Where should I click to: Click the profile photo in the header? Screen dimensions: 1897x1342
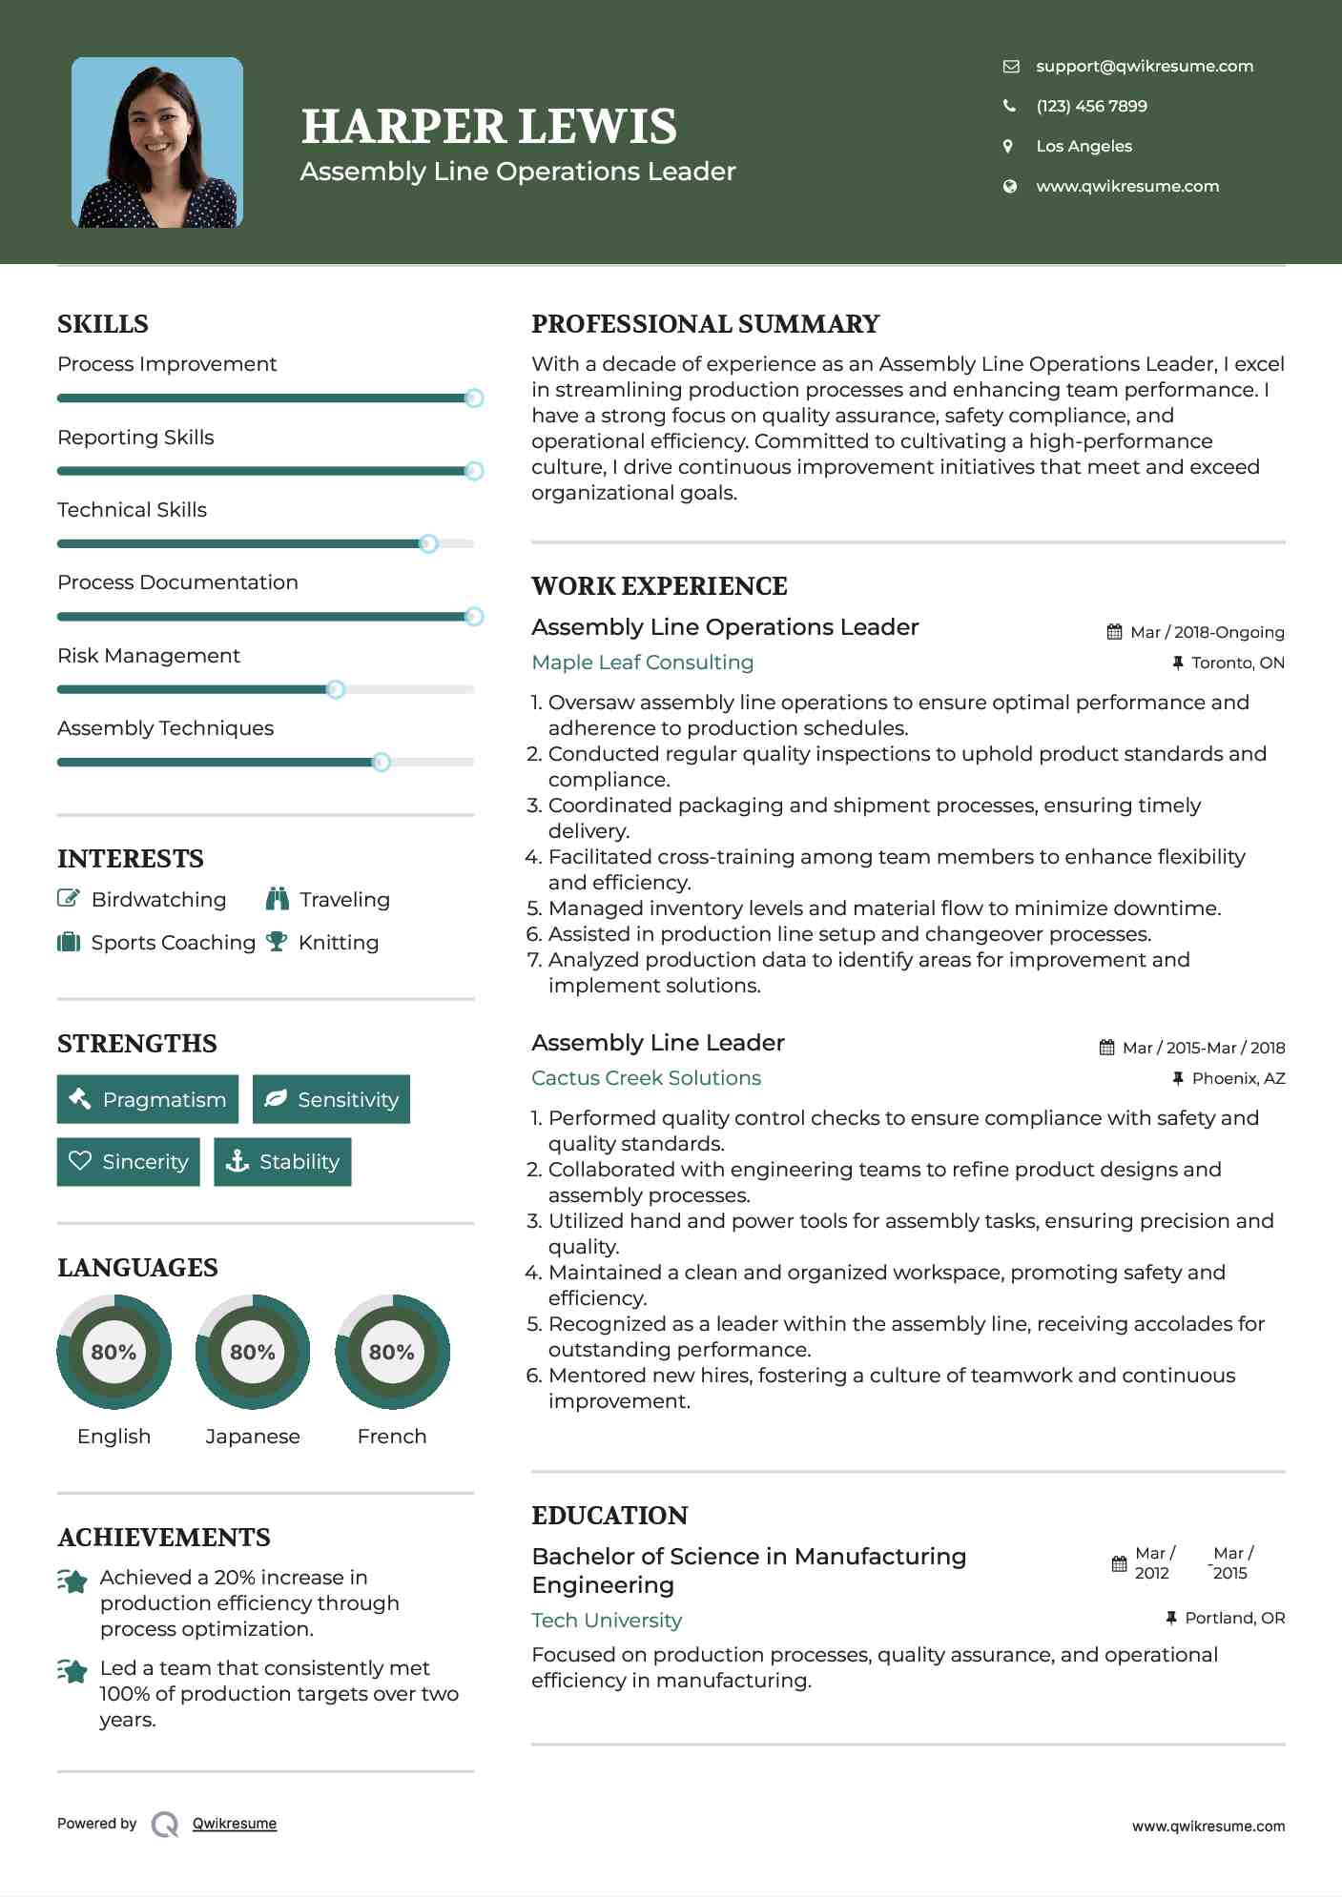click(157, 143)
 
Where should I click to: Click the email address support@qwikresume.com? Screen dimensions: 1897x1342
click(1144, 66)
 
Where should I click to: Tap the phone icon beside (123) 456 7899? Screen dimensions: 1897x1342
click(1009, 106)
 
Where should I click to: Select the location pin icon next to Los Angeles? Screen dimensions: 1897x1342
click(1008, 146)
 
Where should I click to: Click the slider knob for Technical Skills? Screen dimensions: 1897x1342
click(428, 543)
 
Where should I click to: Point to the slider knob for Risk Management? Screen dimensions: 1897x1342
click(335, 689)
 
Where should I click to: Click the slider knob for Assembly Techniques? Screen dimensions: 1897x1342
click(382, 762)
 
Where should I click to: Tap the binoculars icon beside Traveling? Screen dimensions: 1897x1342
click(278, 899)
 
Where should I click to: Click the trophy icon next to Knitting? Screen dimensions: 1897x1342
click(277, 942)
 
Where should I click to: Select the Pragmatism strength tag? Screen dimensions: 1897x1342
click(148, 1099)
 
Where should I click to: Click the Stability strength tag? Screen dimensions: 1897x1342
click(282, 1161)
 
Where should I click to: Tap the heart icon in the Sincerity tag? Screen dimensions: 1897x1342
click(80, 1161)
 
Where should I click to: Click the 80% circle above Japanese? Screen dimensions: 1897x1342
click(253, 1352)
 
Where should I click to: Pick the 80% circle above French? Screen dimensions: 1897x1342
click(392, 1352)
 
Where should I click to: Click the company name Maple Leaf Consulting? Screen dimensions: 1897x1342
click(642, 663)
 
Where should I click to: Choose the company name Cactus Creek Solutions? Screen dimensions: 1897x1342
click(646, 1078)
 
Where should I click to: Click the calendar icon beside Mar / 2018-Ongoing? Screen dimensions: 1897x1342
click(1114, 632)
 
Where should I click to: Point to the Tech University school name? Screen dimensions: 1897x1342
click(607, 1621)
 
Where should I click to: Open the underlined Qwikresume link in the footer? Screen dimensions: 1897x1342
click(235, 1824)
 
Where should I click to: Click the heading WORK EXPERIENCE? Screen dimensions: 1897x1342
click(659, 586)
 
